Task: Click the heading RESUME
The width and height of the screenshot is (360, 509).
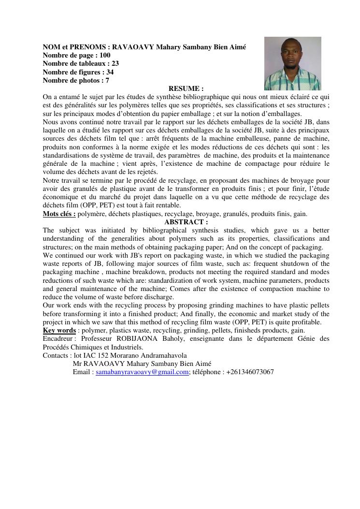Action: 186,88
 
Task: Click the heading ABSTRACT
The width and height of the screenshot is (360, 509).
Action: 186,222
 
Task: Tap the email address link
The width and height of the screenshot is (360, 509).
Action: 142,372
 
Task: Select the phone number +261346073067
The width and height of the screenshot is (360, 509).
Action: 249,372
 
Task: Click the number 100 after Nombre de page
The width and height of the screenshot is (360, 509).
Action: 105,55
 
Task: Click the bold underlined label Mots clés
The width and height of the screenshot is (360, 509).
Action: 59,214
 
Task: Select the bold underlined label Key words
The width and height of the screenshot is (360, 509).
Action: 59,330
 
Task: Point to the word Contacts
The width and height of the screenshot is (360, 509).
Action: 57,355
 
